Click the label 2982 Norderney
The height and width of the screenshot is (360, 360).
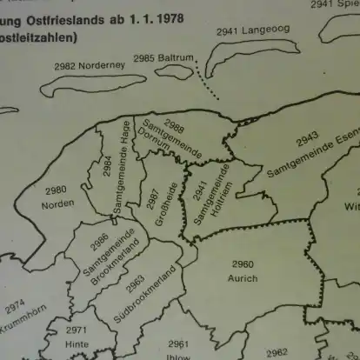tap(90, 65)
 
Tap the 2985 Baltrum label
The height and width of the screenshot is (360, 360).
tap(157, 58)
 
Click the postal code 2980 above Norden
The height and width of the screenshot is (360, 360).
tap(56, 190)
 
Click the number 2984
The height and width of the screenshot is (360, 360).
tap(106, 166)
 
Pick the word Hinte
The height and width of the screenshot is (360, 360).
tap(76, 344)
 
